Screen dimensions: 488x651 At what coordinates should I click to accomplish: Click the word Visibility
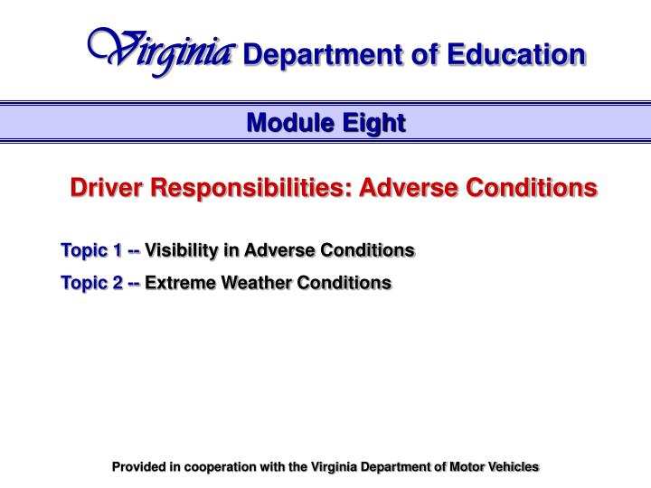(x=182, y=249)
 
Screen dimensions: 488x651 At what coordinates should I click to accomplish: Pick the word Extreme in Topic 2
(x=177, y=283)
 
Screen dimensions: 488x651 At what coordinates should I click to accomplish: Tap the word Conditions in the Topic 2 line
(x=346, y=283)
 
